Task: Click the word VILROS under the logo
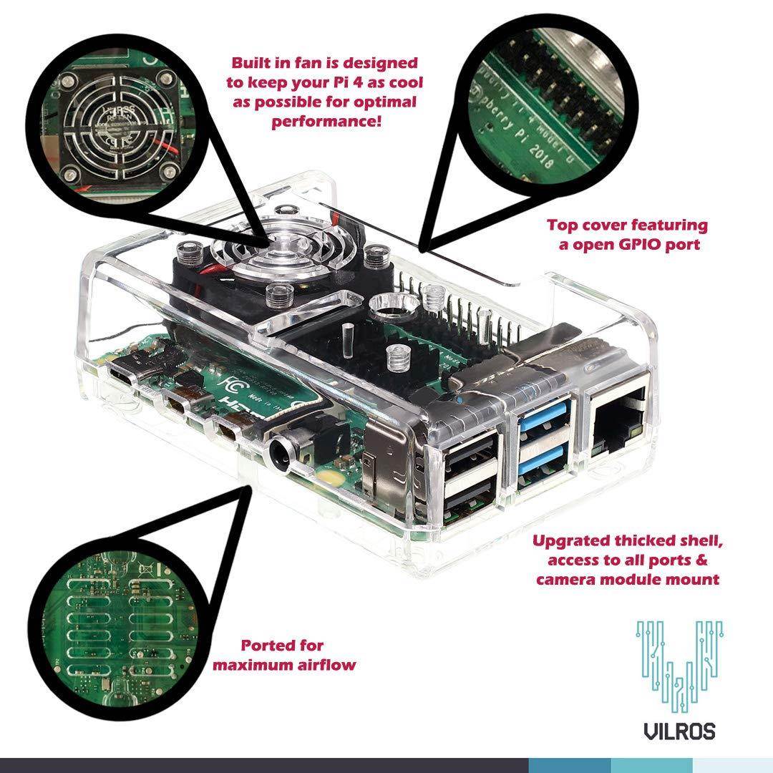tap(679, 731)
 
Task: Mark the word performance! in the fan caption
tap(326, 120)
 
